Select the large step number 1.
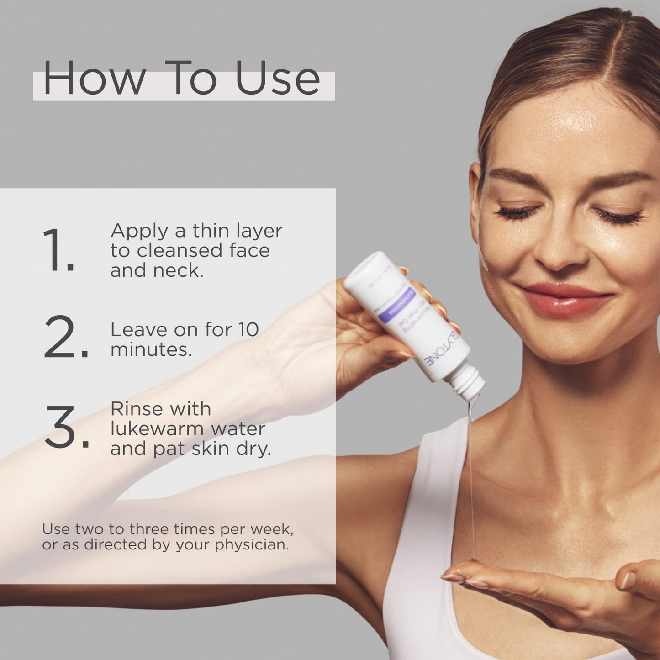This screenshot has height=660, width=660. pos(58,250)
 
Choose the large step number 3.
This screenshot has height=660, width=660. pos(67,426)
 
